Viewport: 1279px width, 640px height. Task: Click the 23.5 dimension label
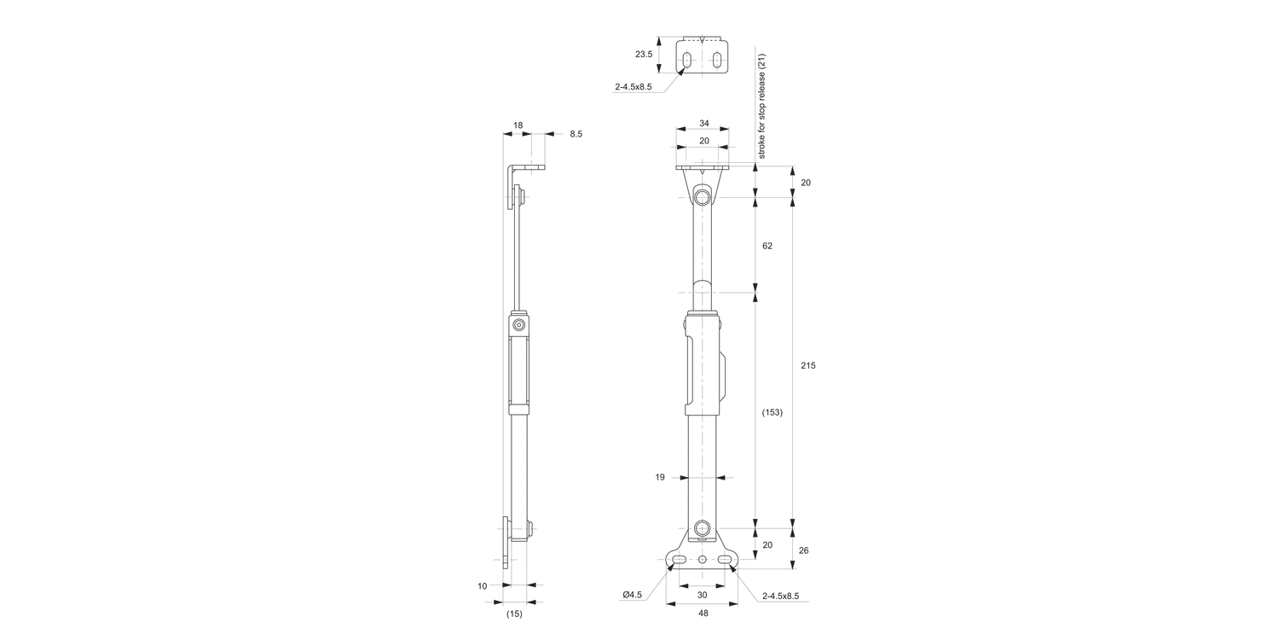(x=644, y=54)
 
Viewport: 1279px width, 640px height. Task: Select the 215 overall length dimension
(x=808, y=365)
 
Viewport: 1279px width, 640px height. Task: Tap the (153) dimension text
(x=772, y=412)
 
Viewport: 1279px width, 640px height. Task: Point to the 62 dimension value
(x=767, y=246)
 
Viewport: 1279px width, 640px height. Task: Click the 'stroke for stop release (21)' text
(x=762, y=106)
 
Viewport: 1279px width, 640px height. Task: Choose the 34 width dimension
(x=703, y=123)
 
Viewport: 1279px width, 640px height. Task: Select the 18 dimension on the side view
(x=518, y=125)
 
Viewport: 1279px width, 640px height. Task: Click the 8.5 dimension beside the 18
(x=576, y=134)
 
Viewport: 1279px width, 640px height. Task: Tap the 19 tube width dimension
(x=660, y=478)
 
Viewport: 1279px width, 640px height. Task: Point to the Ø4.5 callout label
(x=632, y=595)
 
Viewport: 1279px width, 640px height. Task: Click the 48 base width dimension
(x=703, y=613)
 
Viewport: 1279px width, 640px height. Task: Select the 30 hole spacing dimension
(x=703, y=595)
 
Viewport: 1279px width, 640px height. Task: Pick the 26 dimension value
(x=803, y=550)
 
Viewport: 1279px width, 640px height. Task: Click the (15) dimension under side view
(x=514, y=613)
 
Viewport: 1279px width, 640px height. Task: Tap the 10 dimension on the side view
(x=483, y=585)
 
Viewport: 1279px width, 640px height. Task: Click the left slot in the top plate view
(x=686, y=60)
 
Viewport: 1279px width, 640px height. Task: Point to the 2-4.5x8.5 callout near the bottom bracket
(x=780, y=596)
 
